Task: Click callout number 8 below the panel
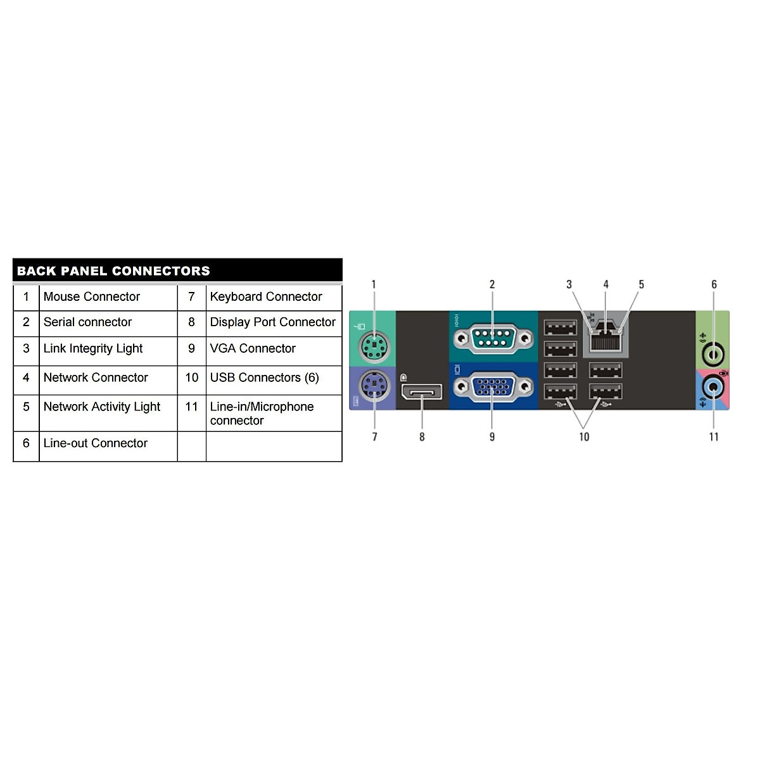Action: (422, 437)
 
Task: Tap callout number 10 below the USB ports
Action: (584, 437)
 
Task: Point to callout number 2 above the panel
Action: (492, 285)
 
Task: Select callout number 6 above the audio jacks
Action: (714, 285)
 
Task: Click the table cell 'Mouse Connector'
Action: (92, 297)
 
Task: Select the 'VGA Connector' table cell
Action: (253, 349)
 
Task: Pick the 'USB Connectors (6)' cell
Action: (264, 378)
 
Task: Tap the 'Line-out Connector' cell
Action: (96, 443)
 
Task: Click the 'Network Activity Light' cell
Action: (102, 407)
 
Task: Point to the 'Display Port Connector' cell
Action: (272, 322)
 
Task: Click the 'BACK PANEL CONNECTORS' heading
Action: (113, 271)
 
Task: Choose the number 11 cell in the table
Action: (191, 407)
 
